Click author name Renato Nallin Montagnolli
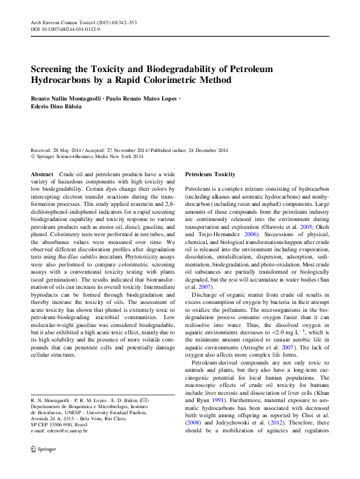[x=65, y=97]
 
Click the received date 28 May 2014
[x=67, y=150]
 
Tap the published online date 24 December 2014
[x=205, y=150]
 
